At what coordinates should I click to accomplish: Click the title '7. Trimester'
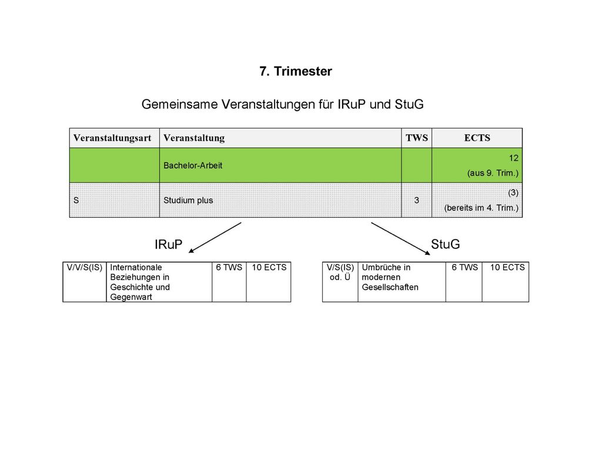click(x=296, y=71)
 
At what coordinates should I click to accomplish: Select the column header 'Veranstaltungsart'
click(x=112, y=138)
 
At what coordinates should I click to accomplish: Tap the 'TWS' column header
click(x=417, y=138)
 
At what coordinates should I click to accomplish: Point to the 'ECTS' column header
click(x=477, y=138)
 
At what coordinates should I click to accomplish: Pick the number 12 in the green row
click(x=514, y=158)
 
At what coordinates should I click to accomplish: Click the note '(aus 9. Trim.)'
click(x=493, y=173)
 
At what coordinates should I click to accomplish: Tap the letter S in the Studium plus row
click(x=76, y=200)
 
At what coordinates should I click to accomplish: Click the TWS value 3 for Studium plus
click(x=417, y=200)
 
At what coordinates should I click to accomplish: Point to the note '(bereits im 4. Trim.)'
click(x=481, y=208)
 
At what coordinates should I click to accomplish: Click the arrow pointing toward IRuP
click(x=215, y=238)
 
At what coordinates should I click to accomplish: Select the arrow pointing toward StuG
click(x=400, y=239)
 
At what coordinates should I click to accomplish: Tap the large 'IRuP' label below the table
click(x=169, y=244)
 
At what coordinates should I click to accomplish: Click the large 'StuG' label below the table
click(x=446, y=244)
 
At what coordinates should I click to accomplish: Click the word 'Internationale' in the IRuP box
click(x=136, y=268)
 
